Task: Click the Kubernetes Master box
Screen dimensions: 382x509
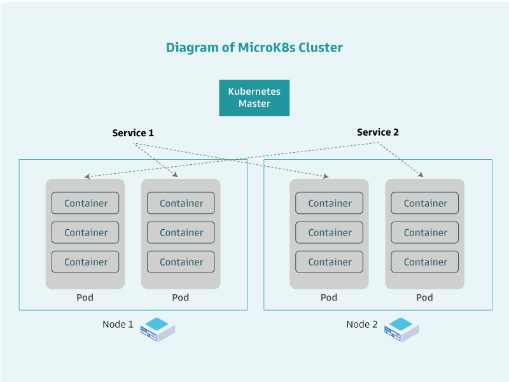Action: (x=254, y=97)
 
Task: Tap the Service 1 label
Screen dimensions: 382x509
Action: (x=133, y=133)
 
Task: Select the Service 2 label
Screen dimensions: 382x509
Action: (x=377, y=132)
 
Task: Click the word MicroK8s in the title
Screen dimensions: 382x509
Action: (x=268, y=48)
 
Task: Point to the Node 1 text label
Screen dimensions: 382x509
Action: (x=118, y=325)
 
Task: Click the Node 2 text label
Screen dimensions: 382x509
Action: (x=362, y=325)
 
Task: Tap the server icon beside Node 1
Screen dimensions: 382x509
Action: (x=157, y=329)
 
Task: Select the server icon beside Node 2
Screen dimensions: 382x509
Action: (x=401, y=329)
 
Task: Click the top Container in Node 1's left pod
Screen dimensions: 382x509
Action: (x=85, y=203)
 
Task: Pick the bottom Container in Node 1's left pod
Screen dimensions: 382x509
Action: (x=85, y=262)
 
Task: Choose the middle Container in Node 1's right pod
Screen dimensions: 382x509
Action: (x=181, y=232)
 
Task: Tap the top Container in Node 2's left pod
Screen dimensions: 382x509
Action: (x=330, y=203)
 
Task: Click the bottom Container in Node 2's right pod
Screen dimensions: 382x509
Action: (x=425, y=262)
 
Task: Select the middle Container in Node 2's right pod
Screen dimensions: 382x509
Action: (x=425, y=232)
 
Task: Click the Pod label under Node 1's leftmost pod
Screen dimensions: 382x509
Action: (x=85, y=297)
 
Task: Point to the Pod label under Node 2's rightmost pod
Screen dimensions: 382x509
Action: (x=424, y=297)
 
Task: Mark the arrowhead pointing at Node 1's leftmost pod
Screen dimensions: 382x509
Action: (x=87, y=176)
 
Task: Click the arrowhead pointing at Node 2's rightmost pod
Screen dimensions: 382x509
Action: (x=421, y=175)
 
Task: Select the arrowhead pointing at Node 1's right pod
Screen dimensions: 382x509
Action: (x=174, y=175)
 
